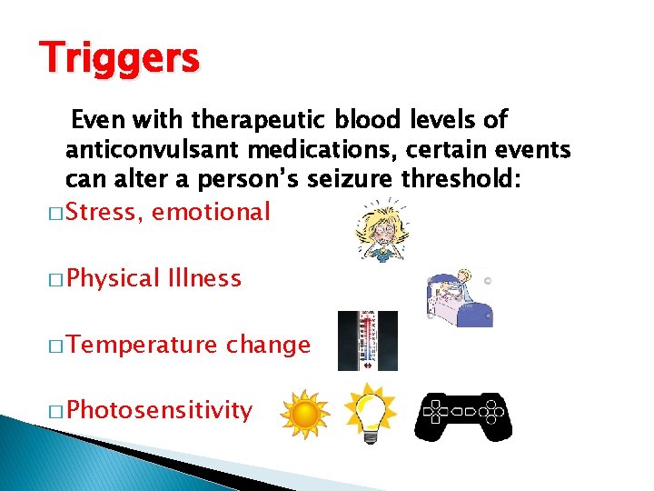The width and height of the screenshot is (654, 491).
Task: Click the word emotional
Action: coord(212,213)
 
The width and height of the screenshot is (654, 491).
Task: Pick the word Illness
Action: coord(204,277)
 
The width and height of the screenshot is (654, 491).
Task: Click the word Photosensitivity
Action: coord(159,410)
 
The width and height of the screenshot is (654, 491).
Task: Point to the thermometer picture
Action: coord(367,340)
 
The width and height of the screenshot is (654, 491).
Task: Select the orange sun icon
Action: coord(304,414)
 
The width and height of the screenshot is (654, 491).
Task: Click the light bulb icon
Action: coord(371,411)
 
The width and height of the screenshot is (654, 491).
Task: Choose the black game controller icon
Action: coord(463,416)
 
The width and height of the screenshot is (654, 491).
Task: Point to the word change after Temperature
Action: coord(268,345)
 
